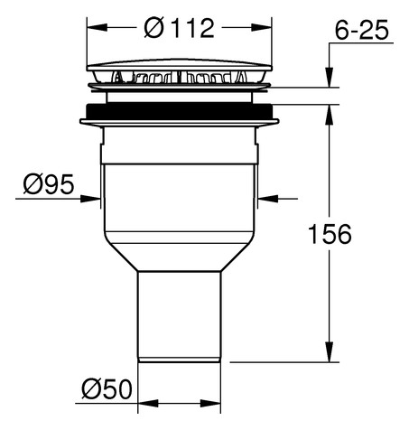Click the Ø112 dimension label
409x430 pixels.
(x=181, y=29)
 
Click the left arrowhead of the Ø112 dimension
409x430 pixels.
(x=94, y=29)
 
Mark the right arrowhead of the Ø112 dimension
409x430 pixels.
(x=266, y=29)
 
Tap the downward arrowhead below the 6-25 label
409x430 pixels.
(x=330, y=81)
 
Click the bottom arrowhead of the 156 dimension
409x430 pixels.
(x=330, y=355)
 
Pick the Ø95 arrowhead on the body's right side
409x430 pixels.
(x=263, y=197)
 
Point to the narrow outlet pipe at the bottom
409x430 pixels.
(x=181, y=316)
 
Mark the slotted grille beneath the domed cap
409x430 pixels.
(x=181, y=80)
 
